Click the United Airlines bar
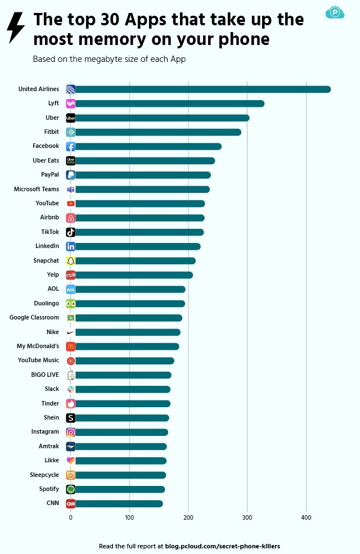(x=202, y=89)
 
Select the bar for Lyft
(x=169, y=103)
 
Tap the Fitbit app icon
(x=70, y=132)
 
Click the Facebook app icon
(x=70, y=146)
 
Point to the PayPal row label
(x=50, y=175)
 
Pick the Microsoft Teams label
(x=37, y=189)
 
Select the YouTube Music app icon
(x=70, y=361)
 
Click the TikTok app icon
(x=70, y=232)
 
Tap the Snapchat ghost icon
(x=70, y=260)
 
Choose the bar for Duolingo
(x=129, y=304)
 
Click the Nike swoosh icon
(x=70, y=332)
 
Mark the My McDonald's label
(x=38, y=346)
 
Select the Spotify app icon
(x=70, y=489)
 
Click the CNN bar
(x=118, y=503)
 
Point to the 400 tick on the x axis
(x=306, y=517)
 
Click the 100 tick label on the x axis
(x=129, y=517)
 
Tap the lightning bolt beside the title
(x=16, y=28)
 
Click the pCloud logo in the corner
(x=335, y=12)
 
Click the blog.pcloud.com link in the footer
(x=222, y=546)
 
